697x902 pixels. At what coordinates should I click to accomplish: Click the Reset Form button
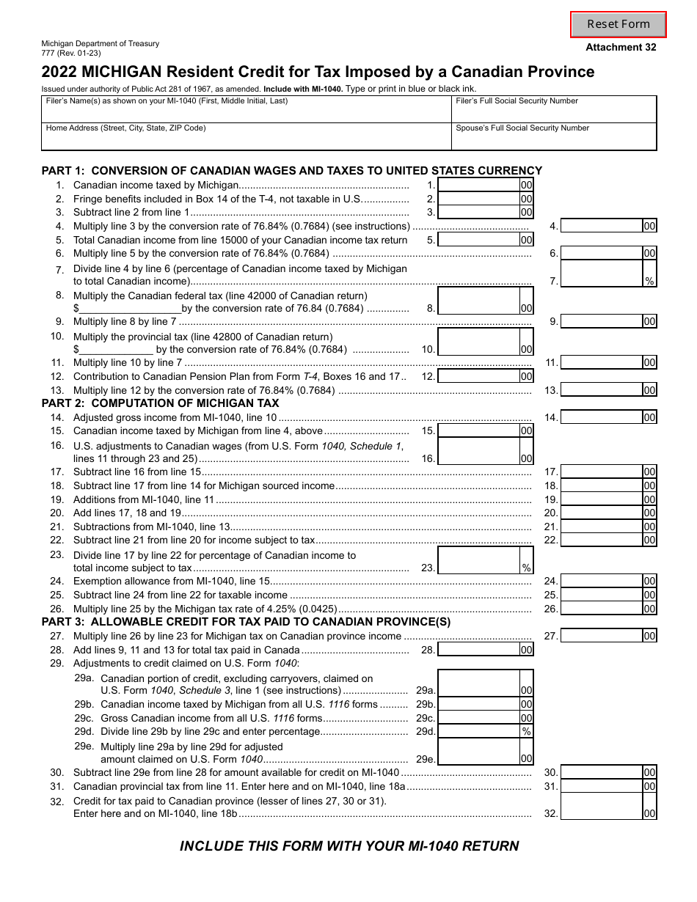pos(618,24)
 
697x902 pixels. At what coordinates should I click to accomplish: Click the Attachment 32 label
pos(621,48)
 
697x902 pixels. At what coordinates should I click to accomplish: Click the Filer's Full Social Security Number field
pos(555,113)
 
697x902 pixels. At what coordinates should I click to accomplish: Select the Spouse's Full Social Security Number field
pos(555,140)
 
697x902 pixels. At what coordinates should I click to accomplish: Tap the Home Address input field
pos(247,140)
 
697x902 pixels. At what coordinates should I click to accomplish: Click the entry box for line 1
pos(478,186)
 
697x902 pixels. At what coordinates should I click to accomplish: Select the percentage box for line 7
pos(601,274)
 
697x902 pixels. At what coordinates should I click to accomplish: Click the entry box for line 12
pos(478,376)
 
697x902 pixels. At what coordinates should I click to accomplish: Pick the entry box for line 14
pos(601,417)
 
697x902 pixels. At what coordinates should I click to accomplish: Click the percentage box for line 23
pos(478,560)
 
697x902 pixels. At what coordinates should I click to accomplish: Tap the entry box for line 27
pos(601,636)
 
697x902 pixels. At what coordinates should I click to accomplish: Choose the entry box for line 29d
pos(478,731)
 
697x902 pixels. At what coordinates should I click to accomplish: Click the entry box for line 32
pos(601,806)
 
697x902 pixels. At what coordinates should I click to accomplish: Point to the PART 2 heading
pos(160,403)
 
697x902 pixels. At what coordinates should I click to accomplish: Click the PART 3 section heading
pos(246,622)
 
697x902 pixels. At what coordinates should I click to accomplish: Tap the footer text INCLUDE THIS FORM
pos(349,846)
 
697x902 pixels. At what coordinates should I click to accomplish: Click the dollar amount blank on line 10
pos(115,350)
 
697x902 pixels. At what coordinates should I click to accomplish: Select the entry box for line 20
pos(601,513)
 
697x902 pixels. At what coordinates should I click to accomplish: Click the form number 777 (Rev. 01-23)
pos(72,53)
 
